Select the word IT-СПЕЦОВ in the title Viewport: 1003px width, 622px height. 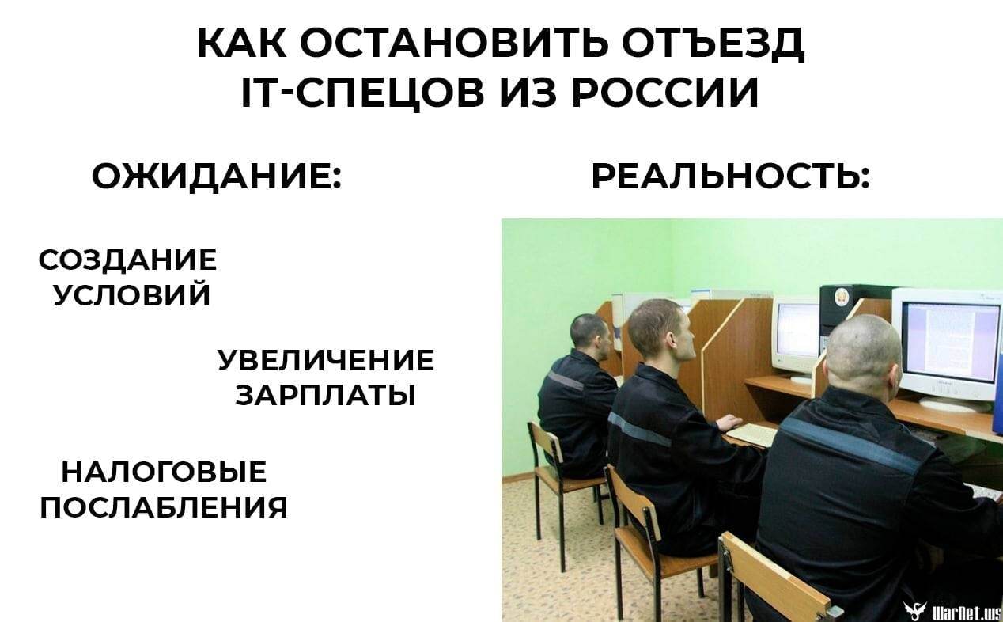363,93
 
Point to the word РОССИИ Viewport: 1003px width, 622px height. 665,92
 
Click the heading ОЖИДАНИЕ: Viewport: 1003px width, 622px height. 217,177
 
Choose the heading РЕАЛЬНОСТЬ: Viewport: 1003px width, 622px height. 731,176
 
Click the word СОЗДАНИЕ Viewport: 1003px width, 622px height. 127,260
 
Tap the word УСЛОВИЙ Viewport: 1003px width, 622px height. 131,294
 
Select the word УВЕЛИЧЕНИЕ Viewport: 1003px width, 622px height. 326,360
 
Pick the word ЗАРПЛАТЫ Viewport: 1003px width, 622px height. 326,396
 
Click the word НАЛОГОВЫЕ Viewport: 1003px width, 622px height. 164,472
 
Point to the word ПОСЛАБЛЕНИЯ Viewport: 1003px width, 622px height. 164,507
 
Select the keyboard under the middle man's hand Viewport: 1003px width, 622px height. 751,434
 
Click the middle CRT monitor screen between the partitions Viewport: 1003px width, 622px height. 798,331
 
